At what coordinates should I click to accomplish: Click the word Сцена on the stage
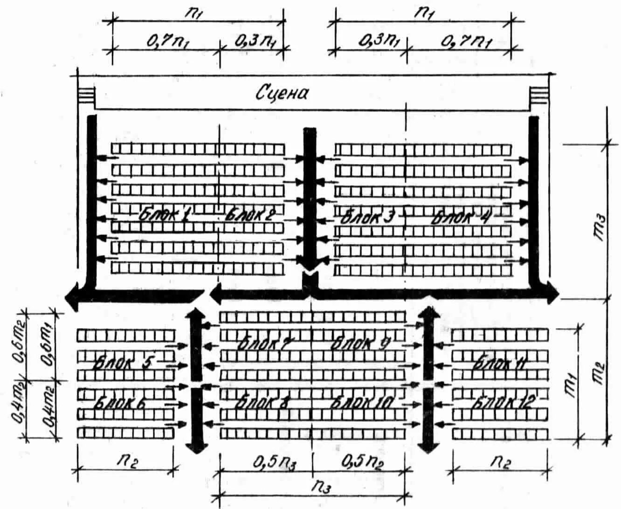click(x=283, y=94)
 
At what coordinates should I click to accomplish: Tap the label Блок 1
click(x=164, y=216)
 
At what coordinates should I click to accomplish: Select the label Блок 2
click(x=250, y=216)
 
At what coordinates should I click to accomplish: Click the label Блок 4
click(x=459, y=217)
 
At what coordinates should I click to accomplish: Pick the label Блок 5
click(x=123, y=362)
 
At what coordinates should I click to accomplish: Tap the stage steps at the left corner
click(x=85, y=96)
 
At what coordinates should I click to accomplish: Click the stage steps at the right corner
click(x=538, y=96)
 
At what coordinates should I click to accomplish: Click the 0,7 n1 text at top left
click(x=169, y=42)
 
